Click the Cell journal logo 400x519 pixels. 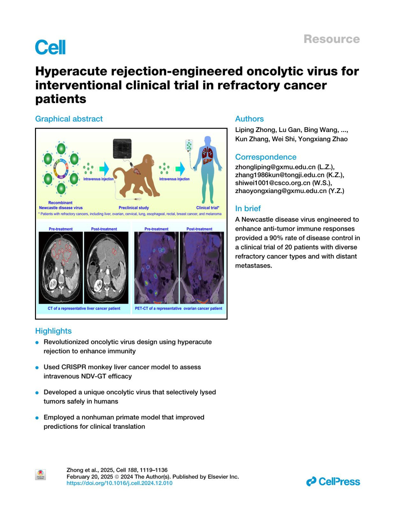[50, 47]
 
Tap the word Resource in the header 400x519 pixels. [331, 39]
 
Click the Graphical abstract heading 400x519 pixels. [69, 119]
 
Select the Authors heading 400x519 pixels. [249, 119]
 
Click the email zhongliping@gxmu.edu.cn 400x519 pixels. [275, 167]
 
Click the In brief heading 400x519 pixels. [248, 209]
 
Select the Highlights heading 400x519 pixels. [53, 331]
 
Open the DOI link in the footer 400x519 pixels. [120, 483]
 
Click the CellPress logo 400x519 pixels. [333, 482]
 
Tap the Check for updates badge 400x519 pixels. [40, 475]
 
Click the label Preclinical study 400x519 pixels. [134, 208]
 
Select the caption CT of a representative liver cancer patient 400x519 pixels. [84, 309]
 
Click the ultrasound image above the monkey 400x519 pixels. [122, 149]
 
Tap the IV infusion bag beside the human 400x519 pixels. [189, 146]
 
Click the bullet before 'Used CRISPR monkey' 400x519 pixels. [37, 368]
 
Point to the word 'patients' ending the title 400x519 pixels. [61, 99]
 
